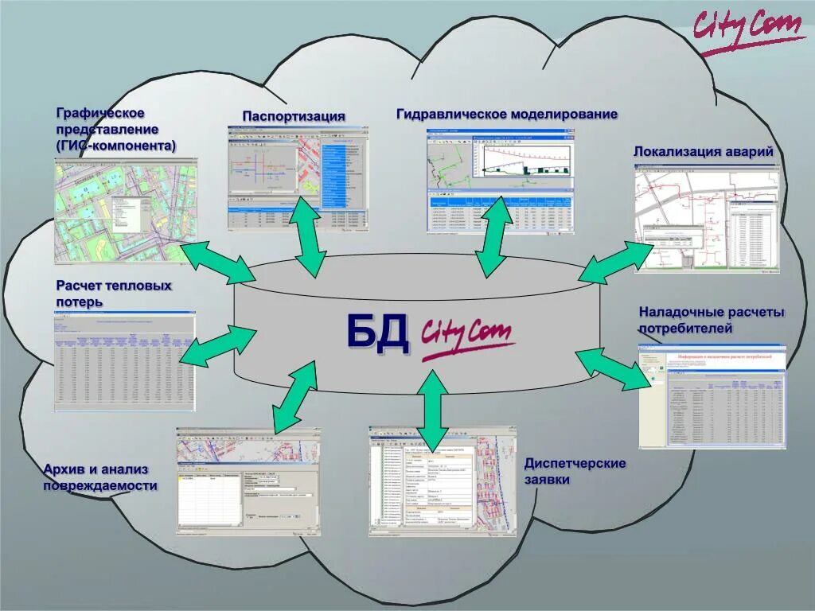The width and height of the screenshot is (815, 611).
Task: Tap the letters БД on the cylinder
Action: click(378, 333)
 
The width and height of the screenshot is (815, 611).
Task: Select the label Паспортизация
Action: click(294, 116)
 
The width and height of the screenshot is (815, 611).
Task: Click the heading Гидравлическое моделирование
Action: click(507, 114)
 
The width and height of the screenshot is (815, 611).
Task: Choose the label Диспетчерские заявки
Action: click(575, 471)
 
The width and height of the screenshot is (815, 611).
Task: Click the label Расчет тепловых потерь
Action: click(114, 293)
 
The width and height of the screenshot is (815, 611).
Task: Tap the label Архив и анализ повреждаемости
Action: click(100, 477)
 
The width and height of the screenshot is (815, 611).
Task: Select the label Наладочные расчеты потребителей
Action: click(712, 320)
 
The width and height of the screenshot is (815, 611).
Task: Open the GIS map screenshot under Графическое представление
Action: click(126, 211)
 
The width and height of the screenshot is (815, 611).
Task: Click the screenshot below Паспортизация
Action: click(298, 178)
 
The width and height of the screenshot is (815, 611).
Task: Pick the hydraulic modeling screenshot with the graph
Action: click(500, 183)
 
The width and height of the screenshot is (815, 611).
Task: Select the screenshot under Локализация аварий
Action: click(704, 219)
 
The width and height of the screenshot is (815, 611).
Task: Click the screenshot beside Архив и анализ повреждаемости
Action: click(249, 481)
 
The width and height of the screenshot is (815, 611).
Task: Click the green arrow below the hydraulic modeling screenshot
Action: click(495, 236)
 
